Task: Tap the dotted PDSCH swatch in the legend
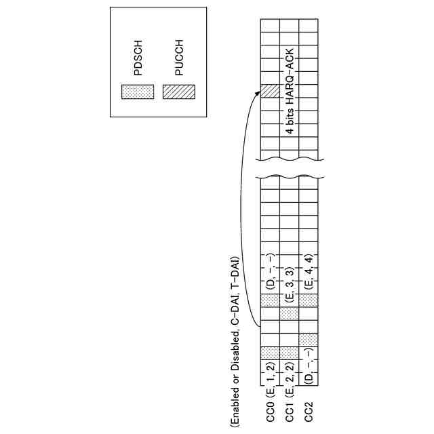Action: pos(137,92)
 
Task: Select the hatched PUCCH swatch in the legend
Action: pos(178,92)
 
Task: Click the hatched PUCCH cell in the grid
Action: pos(270,92)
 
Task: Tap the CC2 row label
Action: pos(309,411)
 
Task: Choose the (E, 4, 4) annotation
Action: pos(309,271)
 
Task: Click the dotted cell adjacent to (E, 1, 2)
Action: pos(270,353)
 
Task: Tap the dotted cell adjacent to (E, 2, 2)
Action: pos(290,353)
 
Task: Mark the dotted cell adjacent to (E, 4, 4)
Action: pos(309,300)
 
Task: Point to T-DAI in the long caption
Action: pos(234,271)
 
